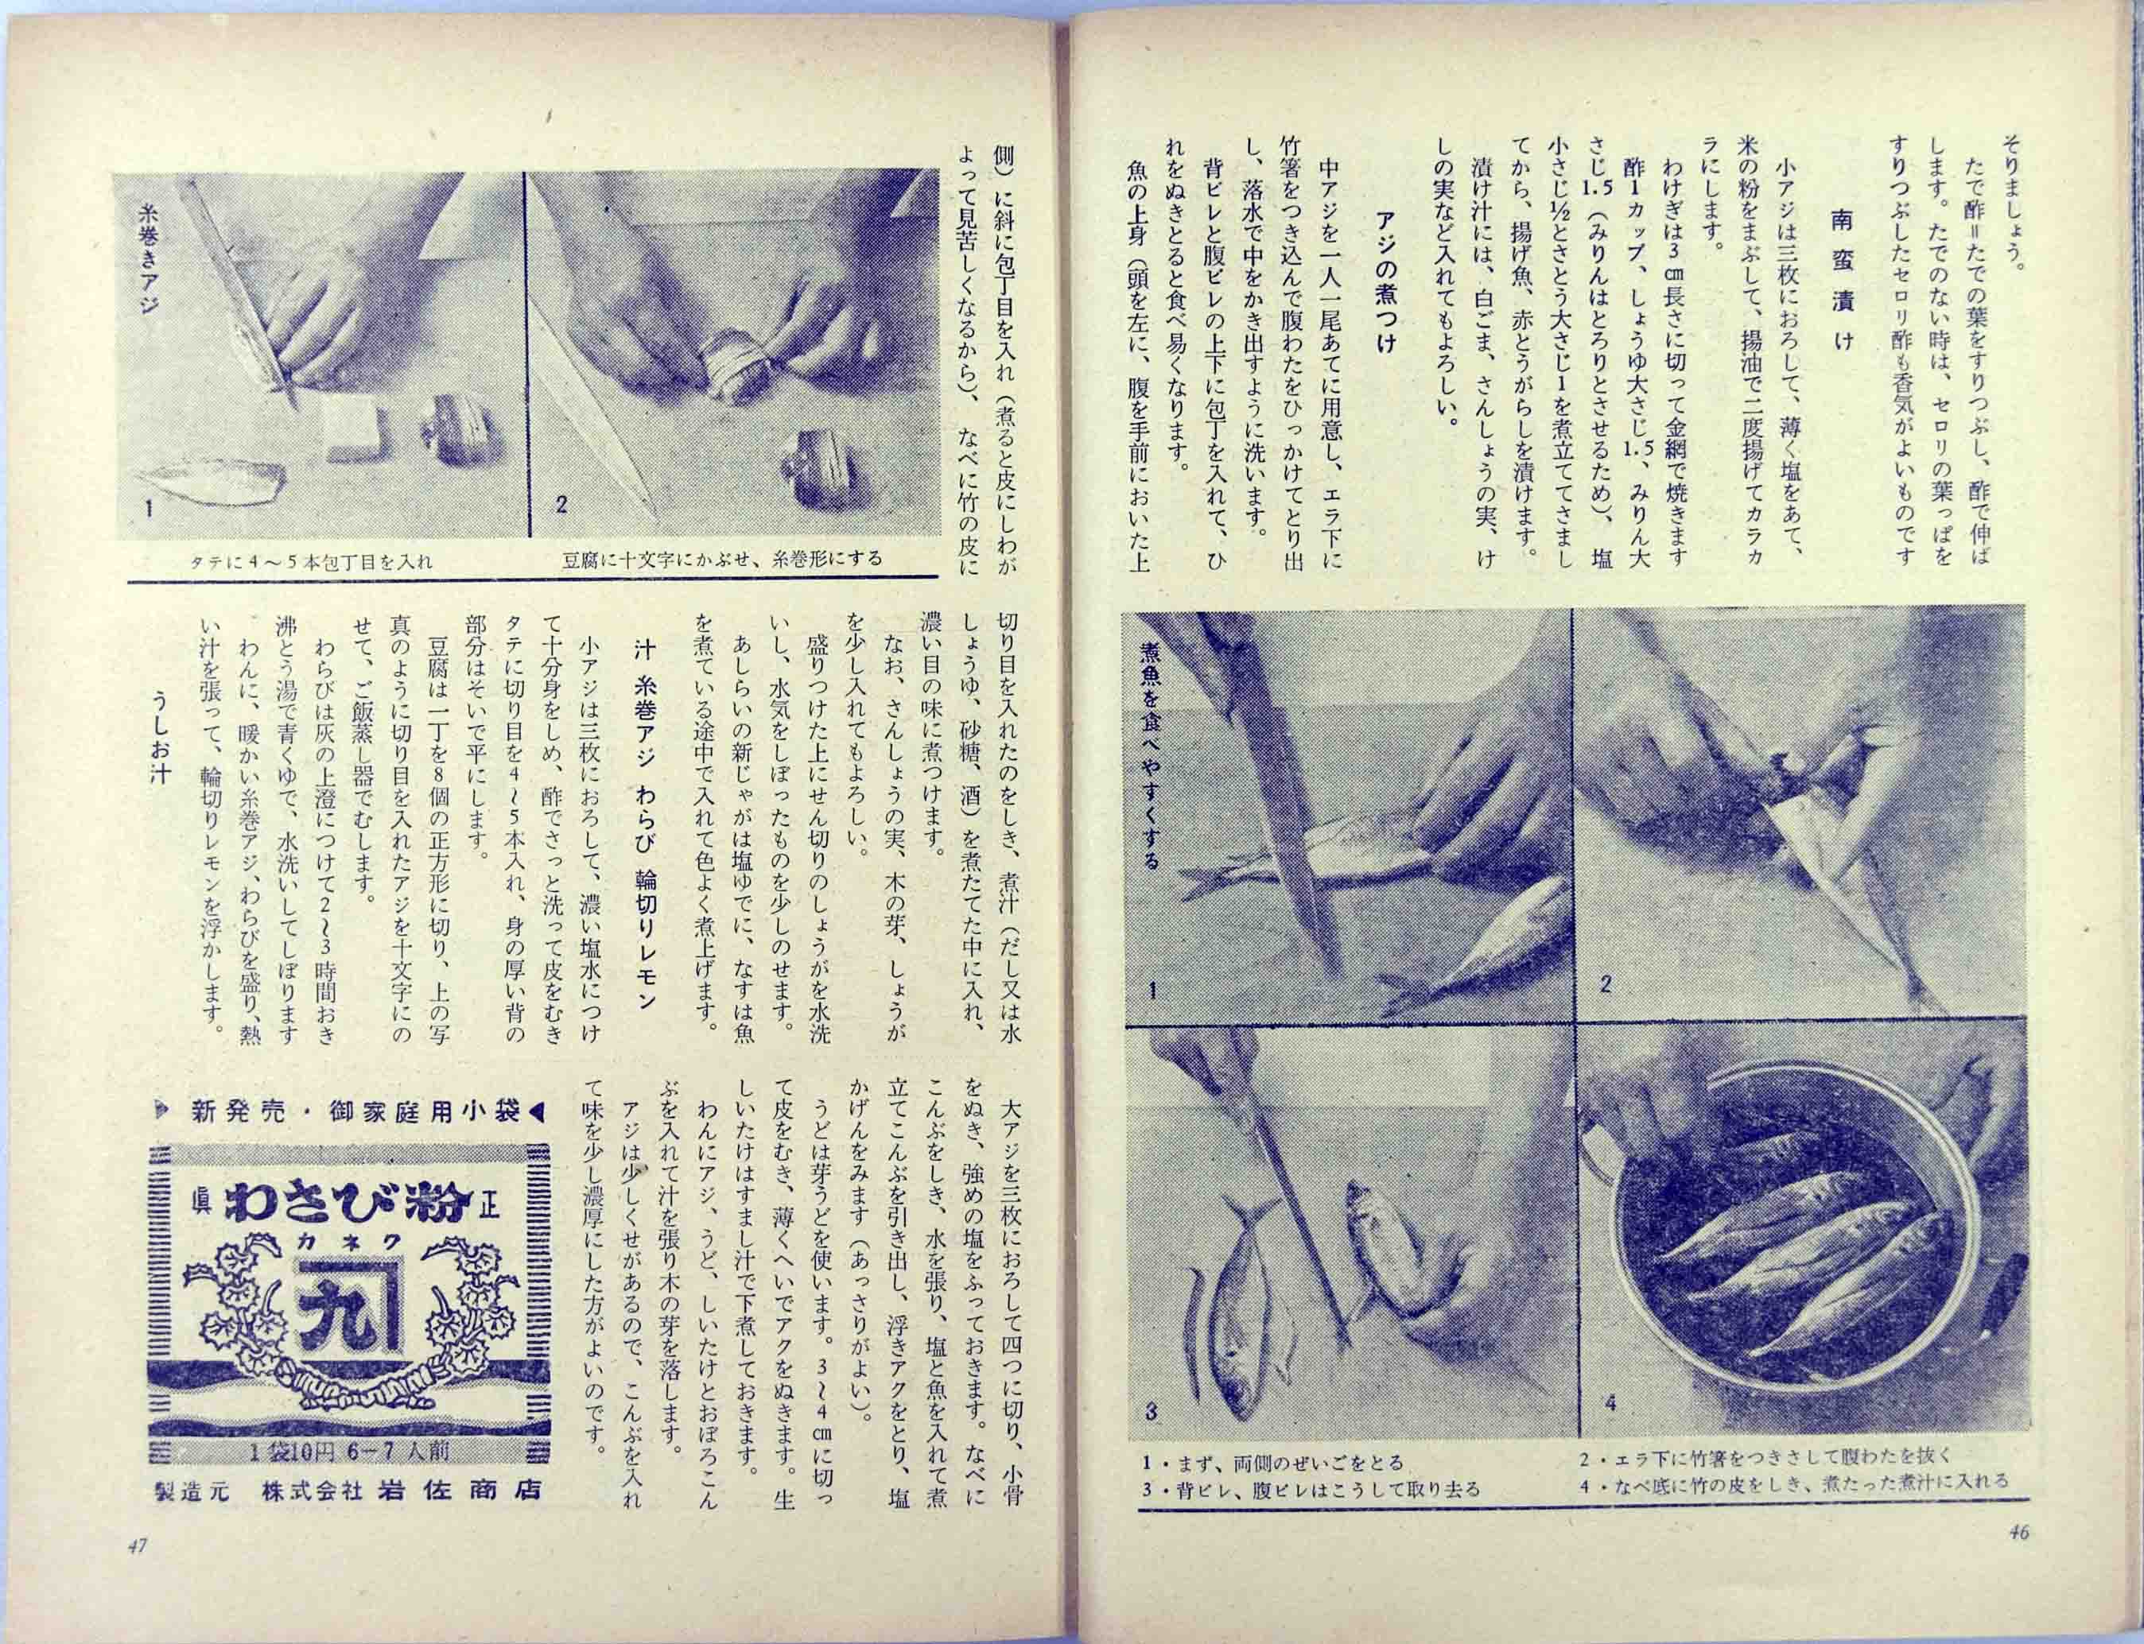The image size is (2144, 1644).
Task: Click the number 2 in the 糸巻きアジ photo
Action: coord(561,505)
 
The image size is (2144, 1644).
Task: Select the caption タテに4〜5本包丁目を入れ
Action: coord(313,562)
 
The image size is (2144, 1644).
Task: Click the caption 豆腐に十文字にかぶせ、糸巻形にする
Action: coord(721,560)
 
